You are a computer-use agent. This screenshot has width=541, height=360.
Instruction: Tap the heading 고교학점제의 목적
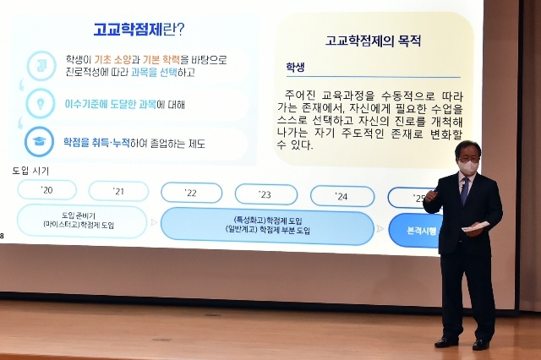pos(373,40)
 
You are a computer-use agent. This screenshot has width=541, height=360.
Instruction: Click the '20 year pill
pos(46,190)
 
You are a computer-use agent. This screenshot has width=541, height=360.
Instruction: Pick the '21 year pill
pos(118,191)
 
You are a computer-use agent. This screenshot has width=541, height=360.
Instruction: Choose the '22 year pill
pos(191,194)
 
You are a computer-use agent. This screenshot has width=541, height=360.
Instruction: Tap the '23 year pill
pos(265,195)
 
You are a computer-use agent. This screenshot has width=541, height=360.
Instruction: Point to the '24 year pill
pos(342,196)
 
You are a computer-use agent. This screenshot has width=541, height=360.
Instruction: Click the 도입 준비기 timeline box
pos(82,221)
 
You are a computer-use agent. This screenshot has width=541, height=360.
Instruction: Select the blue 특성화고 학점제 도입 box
pos(267,226)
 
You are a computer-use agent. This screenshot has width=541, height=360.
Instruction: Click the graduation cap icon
pos(40,141)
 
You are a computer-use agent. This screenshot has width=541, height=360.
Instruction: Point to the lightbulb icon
pos(40,103)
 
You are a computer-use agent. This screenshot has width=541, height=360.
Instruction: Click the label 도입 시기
pos(30,171)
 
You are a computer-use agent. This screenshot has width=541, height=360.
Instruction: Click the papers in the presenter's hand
pos(475,226)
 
